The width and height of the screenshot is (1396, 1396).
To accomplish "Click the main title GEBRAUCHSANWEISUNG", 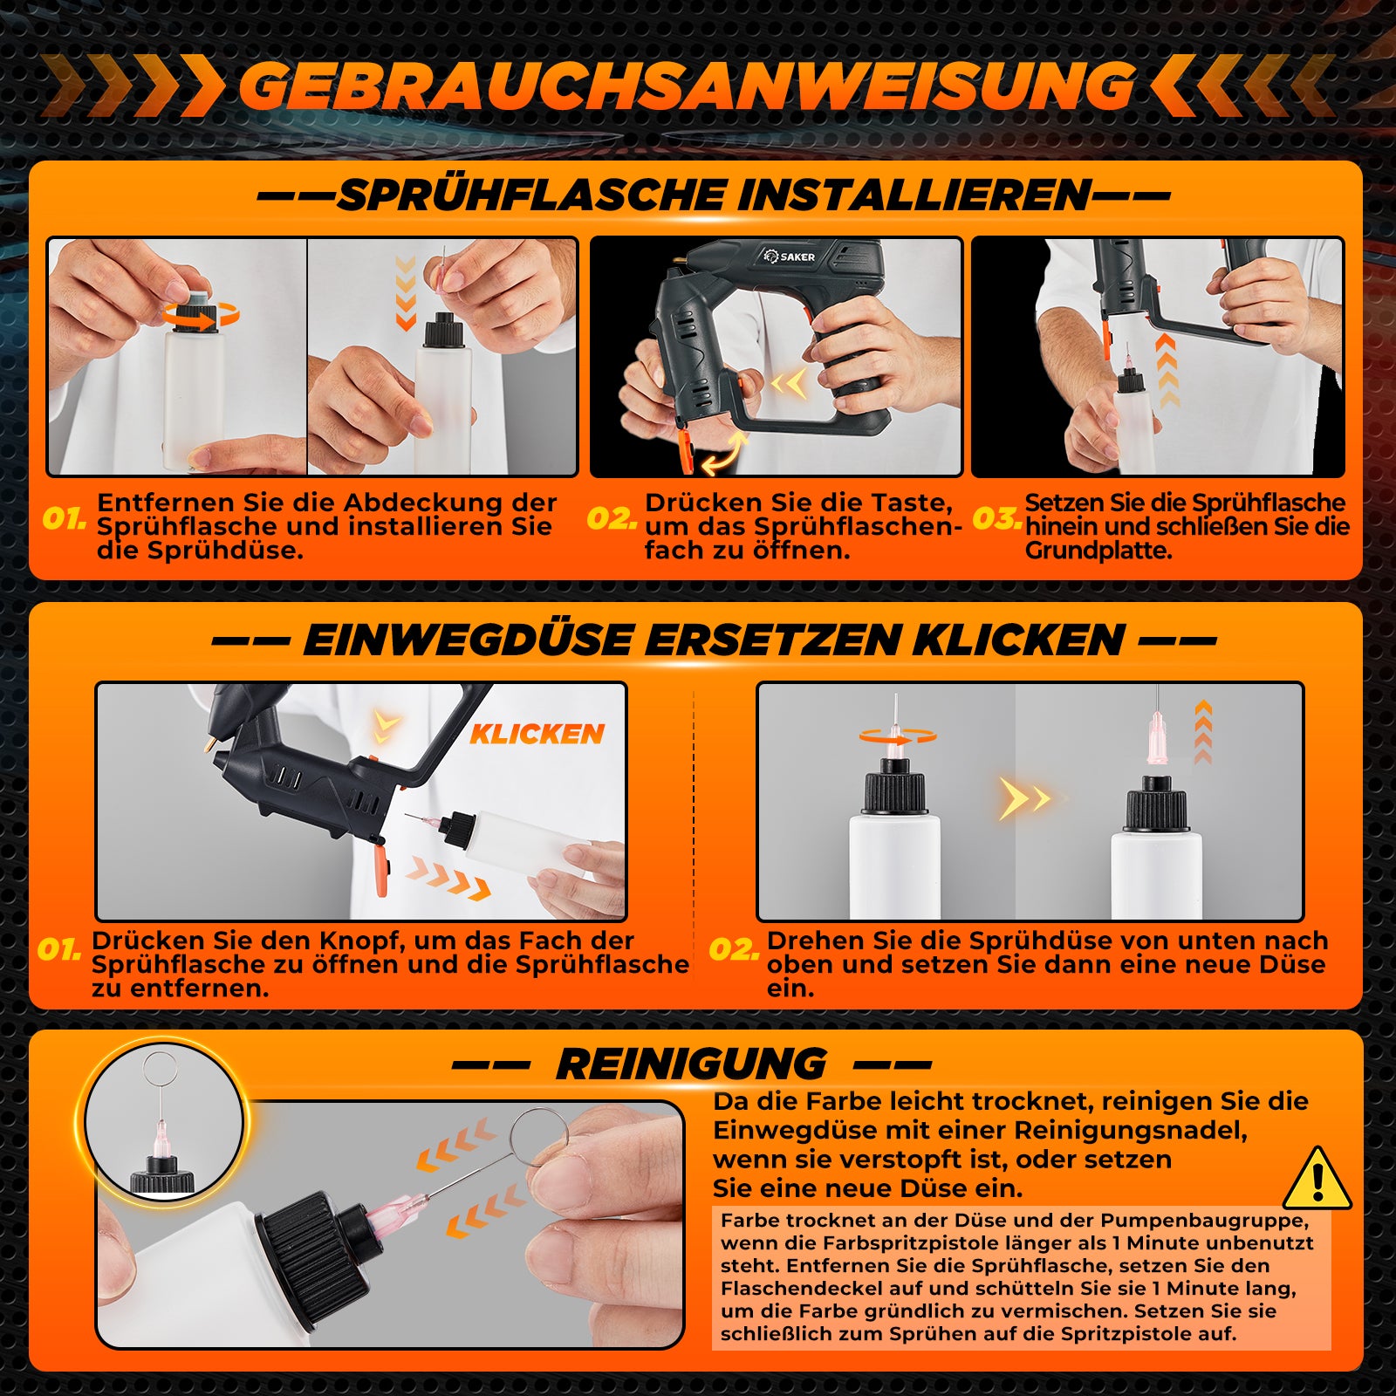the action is point(687,86).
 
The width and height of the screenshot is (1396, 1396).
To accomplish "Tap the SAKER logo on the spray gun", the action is point(789,256).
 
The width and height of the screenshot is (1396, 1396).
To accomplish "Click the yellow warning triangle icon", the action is point(1317,1179).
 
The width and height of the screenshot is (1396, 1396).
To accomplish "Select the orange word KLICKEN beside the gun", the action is point(537,734).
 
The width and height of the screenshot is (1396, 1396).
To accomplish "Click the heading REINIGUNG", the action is point(691,1064).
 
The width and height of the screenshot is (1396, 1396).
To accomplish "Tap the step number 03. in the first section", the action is point(997,518).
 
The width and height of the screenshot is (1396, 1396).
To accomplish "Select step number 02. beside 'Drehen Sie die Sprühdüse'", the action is point(734,949).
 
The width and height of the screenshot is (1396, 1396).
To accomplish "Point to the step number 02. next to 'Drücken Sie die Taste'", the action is point(612,518).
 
